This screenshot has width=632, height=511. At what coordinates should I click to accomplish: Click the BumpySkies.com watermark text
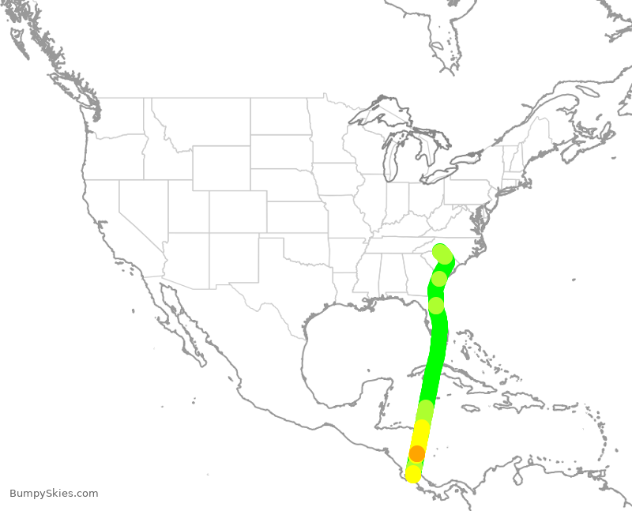[x=54, y=494]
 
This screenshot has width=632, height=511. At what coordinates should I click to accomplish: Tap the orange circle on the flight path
[x=417, y=453]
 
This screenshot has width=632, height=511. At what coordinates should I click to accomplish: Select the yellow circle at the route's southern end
[x=413, y=474]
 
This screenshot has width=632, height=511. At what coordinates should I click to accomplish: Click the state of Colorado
[x=238, y=212]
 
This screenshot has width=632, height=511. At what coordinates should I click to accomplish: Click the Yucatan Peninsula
[x=379, y=395]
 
